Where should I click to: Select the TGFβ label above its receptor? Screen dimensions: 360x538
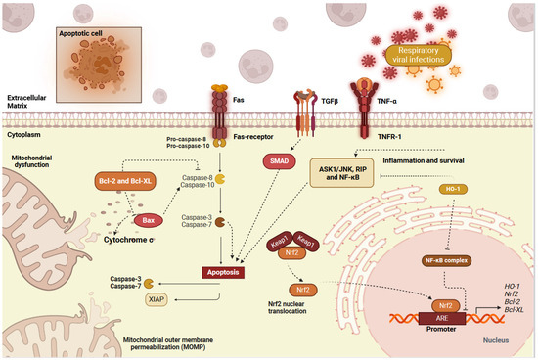304,100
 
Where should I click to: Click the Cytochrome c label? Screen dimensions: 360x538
133,239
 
